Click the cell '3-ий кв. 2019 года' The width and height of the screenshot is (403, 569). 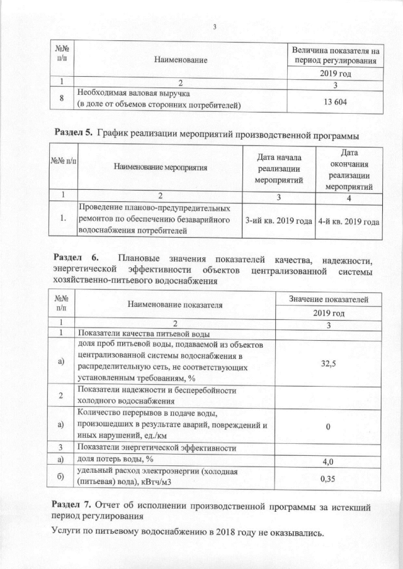(x=278, y=221)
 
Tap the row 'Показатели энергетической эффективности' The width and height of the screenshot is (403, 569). (x=156, y=448)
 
